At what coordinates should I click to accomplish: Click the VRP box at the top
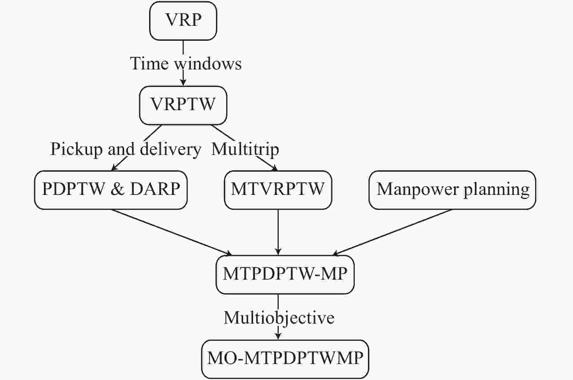click(x=183, y=21)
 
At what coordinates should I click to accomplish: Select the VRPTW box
click(x=183, y=105)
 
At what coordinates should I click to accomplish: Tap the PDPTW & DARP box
click(x=111, y=190)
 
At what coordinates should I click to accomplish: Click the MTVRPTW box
click(x=278, y=190)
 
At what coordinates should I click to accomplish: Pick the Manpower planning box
click(x=452, y=190)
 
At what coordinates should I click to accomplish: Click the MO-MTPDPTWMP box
click(x=285, y=359)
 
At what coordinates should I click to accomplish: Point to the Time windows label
click(x=186, y=64)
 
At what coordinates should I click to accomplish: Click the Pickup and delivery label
click(x=125, y=149)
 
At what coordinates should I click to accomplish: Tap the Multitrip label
click(x=245, y=149)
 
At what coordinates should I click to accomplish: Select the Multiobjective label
click(x=279, y=317)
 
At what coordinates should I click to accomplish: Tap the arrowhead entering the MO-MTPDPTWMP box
click(x=278, y=336)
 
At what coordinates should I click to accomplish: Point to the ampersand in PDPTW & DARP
click(x=117, y=189)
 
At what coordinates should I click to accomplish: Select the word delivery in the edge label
click(x=170, y=149)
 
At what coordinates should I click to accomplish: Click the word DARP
click(x=155, y=189)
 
